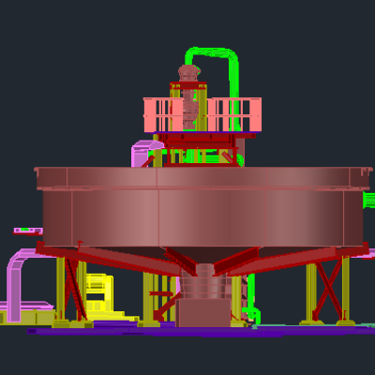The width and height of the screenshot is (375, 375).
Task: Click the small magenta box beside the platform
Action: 142,153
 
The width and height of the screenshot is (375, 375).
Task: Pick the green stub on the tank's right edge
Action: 368,199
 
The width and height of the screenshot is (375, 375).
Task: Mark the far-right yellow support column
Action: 345,291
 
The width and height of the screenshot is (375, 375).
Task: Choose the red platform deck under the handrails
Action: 202,137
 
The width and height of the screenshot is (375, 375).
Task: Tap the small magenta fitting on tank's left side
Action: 27,230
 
